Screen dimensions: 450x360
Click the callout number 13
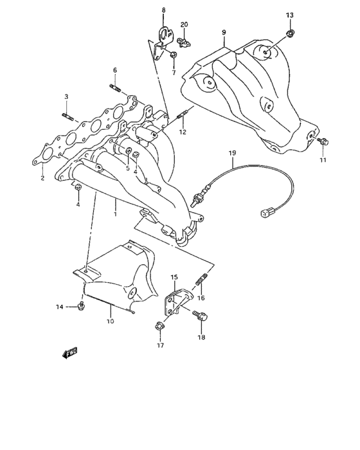click(289, 15)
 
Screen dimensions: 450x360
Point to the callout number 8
click(163, 10)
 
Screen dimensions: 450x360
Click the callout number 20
click(184, 24)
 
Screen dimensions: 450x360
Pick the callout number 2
click(42, 179)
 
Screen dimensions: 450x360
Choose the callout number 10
click(110, 320)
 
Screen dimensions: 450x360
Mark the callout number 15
click(174, 277)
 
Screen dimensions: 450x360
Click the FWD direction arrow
click(69, 352)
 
